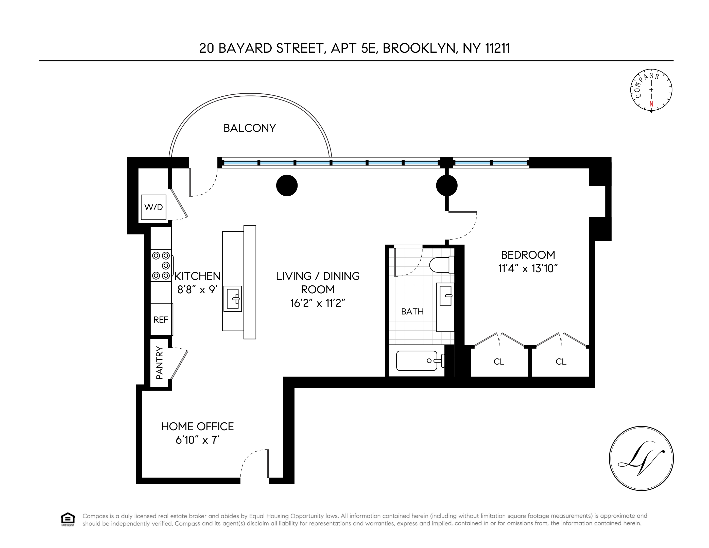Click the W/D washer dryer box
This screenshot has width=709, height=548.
pos(153,207)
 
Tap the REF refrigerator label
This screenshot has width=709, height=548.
pos(161,320)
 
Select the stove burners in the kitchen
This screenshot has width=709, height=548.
pos(161,266)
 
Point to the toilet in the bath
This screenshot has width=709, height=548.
pos(441,265)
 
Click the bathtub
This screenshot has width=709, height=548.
pos(417,361)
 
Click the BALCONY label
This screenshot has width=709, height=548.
pos(250,128)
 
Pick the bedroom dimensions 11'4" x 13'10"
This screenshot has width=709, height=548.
pos(528,269)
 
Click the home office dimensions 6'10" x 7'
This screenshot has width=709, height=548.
pos(197,440)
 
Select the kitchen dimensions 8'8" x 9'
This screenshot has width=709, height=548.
pos(197,289)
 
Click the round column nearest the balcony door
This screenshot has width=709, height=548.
pos(287,185)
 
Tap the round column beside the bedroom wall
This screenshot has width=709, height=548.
pos(447,185)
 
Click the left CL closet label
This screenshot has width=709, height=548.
pos(499,362)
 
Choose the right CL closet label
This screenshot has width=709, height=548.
pos(561,362)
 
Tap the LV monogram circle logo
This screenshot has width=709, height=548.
pos(641,458)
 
